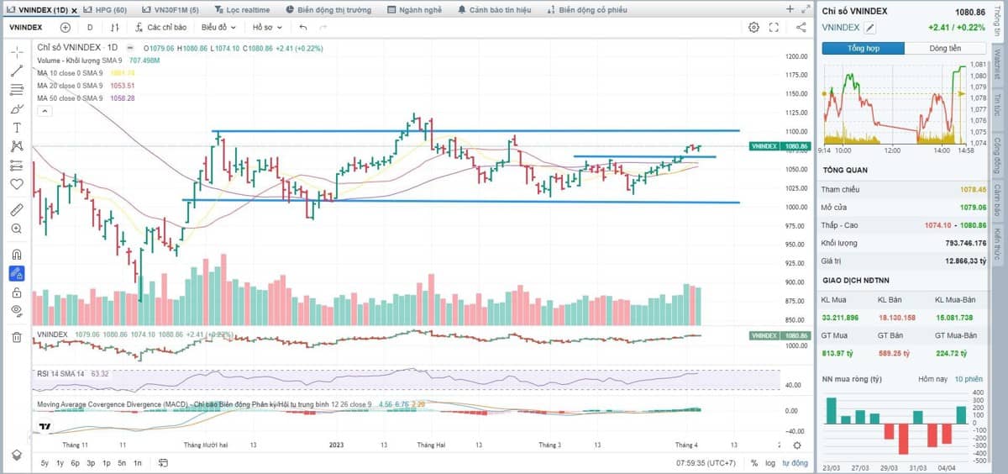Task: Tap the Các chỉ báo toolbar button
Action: tap(160, 27)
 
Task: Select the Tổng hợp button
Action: tap(863, 48)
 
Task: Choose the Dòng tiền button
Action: tap(945, 48)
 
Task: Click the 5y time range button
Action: tap(45, 463)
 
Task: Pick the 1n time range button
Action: tap(137, 463)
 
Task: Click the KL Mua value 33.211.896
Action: tap(842, 317)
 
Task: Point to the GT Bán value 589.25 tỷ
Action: tap(896, 353)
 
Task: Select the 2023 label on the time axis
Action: tap(336, 445)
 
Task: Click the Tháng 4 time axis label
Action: tap(686, 445)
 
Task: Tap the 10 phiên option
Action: tap(969, 379)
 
